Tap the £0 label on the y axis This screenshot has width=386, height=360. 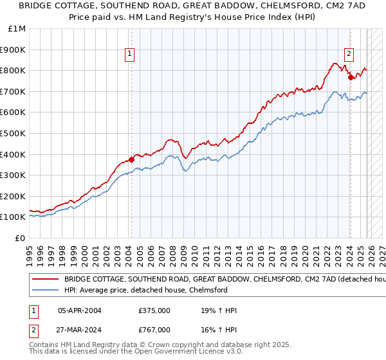pyautogui.click(x=21, y=238)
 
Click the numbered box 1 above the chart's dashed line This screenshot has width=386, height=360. pyautogui.click(x=131, y=54)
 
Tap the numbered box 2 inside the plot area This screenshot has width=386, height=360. pyautogui.click(x=349, y=54)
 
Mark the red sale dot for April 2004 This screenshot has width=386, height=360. pyautogui.click(x=131, y=159)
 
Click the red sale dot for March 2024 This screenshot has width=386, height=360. pyautogui.click(x=351, y=77)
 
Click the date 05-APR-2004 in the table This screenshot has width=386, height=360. pyautogui.click(x=80, y=310)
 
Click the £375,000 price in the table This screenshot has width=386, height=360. pyautogui.click(x=154, y=310)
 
